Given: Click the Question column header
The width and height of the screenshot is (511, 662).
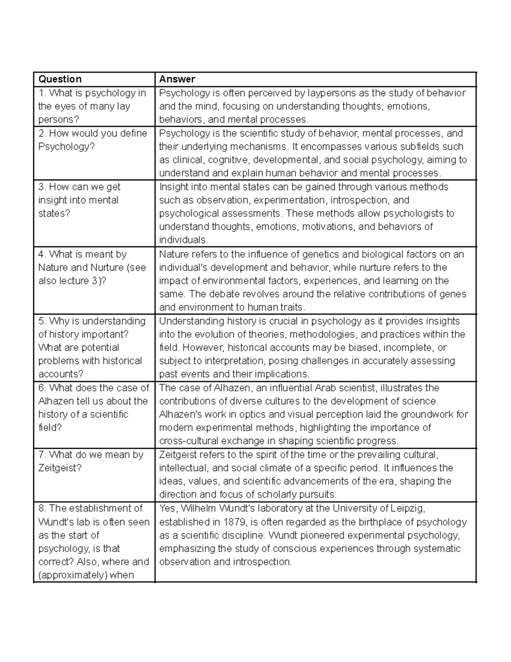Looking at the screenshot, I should click(x=60, y=79).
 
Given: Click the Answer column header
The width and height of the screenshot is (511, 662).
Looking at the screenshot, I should click(x=177, y=79).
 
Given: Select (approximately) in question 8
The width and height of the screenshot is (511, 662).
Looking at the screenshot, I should click(x=72, y=575).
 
